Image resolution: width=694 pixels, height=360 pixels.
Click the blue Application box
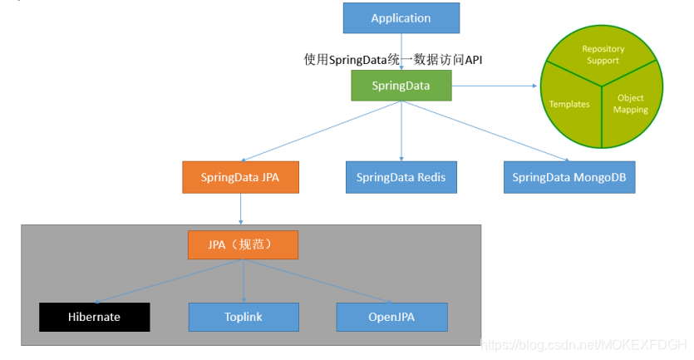click(x=401, y=18)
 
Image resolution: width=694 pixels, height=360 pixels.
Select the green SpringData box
click(x=401, y=86)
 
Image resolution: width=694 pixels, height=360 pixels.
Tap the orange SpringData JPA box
click(x=239, y=177)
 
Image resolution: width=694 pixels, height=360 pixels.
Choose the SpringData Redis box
click(x=401, y=177)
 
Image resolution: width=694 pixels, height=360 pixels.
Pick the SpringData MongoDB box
click(x=569, y=177)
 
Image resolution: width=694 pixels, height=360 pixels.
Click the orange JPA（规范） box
click(x=242, y=245)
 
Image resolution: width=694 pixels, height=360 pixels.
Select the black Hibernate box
click(x=94, y=317)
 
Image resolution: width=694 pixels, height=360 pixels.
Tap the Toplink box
click(x=243, y=317)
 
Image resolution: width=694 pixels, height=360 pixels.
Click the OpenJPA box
click(x=391, y=317)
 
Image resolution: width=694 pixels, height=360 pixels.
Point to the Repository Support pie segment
click(x=603, y=56)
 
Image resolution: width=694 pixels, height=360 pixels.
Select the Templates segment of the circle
click(x=570, y=104)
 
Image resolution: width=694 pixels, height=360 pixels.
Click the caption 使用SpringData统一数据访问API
click(x=393, y=59)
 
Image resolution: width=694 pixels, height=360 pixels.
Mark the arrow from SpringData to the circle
click(x=494, y=86)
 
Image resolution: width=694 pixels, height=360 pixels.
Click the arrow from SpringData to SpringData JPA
click(x=320, y=131)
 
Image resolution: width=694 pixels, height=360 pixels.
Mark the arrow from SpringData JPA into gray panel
click(x=240, y=210)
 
